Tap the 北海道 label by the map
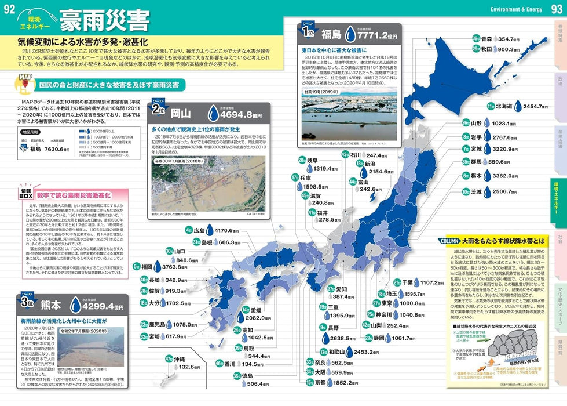[500, 107]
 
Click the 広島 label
[199, 230]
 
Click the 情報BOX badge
[25, 193]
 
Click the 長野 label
[334, 328]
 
